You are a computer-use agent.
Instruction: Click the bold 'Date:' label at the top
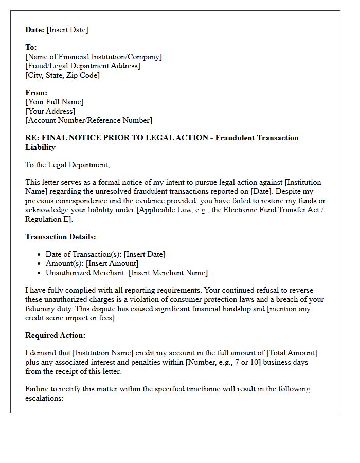[x=35, y=30]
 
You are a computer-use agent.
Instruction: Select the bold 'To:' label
[x=31, y=47]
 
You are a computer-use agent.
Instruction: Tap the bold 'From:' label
[x=36, y=93]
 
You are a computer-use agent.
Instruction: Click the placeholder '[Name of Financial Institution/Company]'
[x=94, y=57]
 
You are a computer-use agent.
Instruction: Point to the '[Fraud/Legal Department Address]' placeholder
[x=83, y=66]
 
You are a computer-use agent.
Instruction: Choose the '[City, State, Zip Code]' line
[x=62, y=75]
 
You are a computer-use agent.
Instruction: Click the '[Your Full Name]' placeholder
[x=55, y=102]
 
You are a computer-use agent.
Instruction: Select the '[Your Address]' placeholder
[x=50, y=111]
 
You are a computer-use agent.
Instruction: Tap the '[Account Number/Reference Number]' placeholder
[x=88, y=120]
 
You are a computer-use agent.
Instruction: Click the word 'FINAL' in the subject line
[x=54, y=138]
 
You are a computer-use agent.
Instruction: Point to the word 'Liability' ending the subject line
[x=40, y=147]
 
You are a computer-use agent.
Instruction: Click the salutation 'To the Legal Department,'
[x=67, y=165]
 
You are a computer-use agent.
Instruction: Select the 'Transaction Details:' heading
[x=61, y=237]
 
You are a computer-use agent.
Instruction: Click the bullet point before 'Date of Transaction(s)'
[x=40, y=255]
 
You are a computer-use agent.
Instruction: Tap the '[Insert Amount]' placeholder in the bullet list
[x=112, y=263]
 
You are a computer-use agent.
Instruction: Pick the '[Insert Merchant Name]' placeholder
[x=168, y=273]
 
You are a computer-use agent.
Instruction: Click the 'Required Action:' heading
[x=56, y=335]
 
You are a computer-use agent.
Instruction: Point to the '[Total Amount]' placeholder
[x=292, y=353]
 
